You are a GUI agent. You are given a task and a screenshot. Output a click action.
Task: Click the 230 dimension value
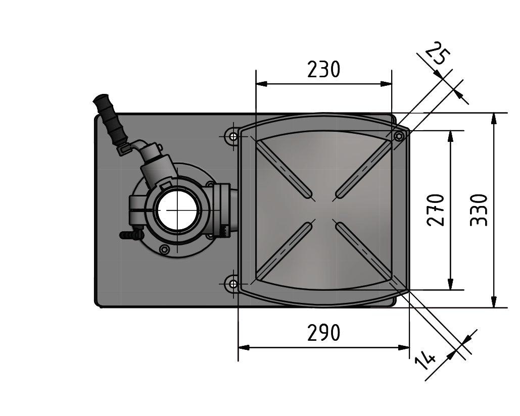323,69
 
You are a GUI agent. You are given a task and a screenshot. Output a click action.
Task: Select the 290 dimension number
323,333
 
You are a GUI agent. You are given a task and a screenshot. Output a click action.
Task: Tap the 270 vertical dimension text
436,211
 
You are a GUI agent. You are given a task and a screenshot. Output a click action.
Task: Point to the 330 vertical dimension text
479,211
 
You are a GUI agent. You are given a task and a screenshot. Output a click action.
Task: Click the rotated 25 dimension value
438,53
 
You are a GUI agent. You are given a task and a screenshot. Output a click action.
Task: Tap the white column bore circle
178,211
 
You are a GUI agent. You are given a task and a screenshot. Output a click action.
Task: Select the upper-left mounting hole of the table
233,136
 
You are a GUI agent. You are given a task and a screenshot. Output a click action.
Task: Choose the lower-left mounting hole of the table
233,284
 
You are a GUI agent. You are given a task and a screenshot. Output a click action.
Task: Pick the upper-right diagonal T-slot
363,169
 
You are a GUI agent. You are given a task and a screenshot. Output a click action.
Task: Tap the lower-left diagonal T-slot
283,250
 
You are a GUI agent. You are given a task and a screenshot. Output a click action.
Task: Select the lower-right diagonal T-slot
364,250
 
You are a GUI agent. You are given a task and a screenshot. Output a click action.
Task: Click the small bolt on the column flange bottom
164,249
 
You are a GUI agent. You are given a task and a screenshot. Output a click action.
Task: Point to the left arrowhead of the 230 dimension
262,84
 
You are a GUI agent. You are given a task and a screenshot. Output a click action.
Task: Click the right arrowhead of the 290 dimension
404,348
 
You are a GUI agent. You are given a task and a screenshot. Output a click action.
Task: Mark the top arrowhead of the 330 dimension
494,119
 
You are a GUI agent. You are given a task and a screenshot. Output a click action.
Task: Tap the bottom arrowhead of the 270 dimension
450,284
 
